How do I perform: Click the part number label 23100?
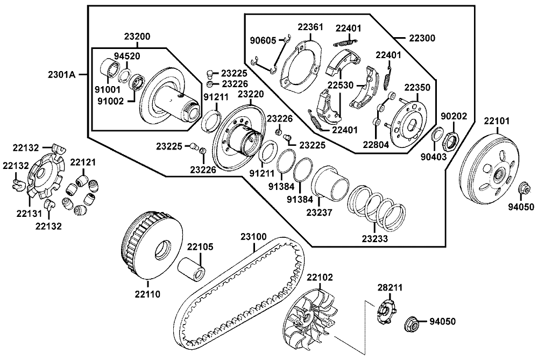pos(253,237)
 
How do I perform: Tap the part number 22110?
pos(147,294)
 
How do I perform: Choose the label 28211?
pos(390,287)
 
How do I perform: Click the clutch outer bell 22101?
pos(491,171)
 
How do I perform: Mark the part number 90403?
pos(434,157)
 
